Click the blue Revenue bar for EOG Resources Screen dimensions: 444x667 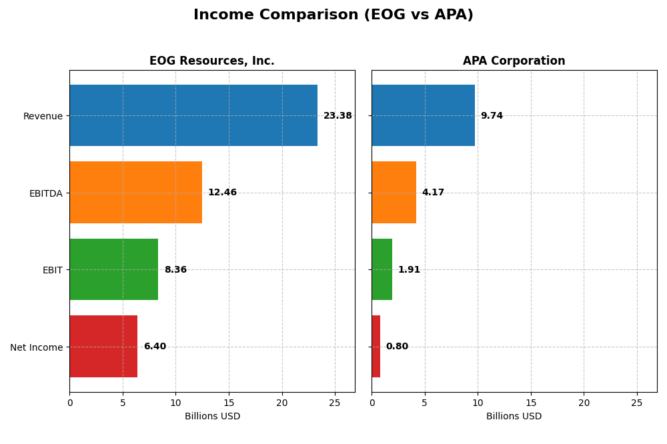tap(193, 115)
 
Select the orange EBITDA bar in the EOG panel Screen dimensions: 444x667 tap(135, 192)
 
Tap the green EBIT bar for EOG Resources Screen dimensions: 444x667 tap(113, 269)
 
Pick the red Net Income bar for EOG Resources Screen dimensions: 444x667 tap(103, 346)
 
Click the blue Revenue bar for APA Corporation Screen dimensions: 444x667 tap(423, 115)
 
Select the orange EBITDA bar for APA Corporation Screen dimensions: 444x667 tap(394, 192)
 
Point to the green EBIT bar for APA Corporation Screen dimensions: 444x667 tap(382, 269)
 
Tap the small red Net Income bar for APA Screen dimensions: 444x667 tap(376, 346)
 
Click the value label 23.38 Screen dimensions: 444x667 tap(338, 116)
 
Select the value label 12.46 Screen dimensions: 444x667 tap(222, 193)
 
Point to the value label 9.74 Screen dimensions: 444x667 tap(492, 116)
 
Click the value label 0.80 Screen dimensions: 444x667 tap(397, 347)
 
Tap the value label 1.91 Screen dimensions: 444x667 tap(409, 270)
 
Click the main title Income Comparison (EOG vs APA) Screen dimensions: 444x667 tap(333, 15)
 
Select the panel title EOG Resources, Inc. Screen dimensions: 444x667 tap(211, 61)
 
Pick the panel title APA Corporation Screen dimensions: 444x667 tap(514, 61)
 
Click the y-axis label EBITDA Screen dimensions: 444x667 tap(45, 193)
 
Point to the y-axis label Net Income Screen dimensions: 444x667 tap(36, 347)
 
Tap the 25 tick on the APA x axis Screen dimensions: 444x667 tap(636, 403)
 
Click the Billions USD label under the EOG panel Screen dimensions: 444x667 tap(212, 417)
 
